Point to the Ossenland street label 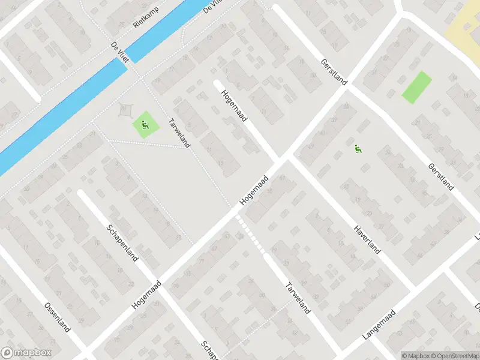tap(58, 318)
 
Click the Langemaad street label tap(379, 326)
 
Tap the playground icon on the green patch tap(145, 125)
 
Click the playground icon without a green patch tap(358, 149)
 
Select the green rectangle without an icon tap(416, 88)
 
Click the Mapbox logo tap(26, 353)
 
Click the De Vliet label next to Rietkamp tap(121, 52)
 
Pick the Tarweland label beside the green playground tap(180, 132)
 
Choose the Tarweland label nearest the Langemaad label tap(298, 298)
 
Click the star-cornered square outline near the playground tap(125, 110)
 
